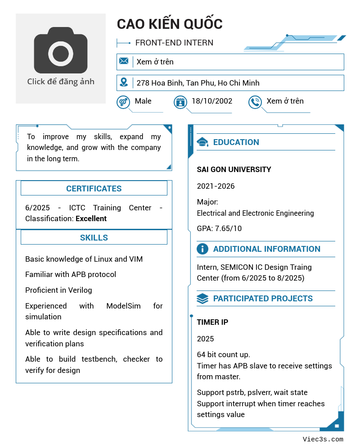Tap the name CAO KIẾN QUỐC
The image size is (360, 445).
click(170, 24)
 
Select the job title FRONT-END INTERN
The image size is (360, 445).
click(174, 43)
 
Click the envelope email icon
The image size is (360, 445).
click(124, 61)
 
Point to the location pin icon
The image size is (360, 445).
click(124, 82)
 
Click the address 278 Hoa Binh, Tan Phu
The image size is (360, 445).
click(198, 83)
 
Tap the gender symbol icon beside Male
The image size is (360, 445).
click(123, 102)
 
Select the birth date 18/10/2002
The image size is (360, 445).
click(212, 101)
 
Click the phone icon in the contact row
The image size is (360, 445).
click(255, 102)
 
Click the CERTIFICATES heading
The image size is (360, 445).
click(94, 189)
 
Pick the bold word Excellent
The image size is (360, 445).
click(91, 218)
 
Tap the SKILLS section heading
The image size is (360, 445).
click(94, 238)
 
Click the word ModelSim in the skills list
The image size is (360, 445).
click(123, 306)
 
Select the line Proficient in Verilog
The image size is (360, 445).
click(58, 290)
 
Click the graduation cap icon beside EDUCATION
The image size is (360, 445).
click(202, 142)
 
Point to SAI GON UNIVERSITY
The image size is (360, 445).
click(234, 170)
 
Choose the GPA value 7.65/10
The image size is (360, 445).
click(228, 228)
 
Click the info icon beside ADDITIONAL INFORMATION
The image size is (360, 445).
click(202, 249)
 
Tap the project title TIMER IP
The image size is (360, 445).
click(212, 322)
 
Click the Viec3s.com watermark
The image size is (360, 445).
click(323, 439)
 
